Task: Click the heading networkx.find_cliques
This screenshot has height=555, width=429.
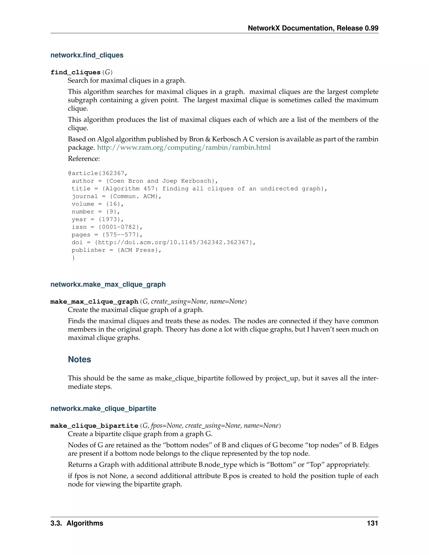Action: point(87,55)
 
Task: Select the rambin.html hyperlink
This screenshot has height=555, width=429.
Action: point(184,147)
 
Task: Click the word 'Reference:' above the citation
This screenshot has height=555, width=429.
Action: point(84,159)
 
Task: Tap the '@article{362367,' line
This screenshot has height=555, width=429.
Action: point(98,173)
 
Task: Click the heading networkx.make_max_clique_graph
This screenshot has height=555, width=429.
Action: point(108,284)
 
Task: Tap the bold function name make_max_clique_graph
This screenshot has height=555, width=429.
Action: point(94,302)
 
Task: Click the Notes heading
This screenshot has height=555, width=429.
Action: point(79,359)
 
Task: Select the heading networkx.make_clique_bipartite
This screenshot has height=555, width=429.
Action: point(103,408)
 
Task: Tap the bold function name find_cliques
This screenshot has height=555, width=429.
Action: point(75,72)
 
